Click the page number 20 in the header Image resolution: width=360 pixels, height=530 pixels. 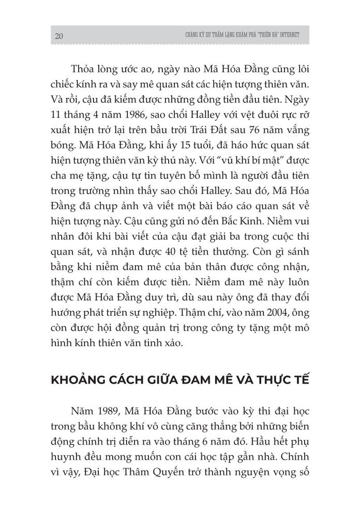(x=58, y=36)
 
